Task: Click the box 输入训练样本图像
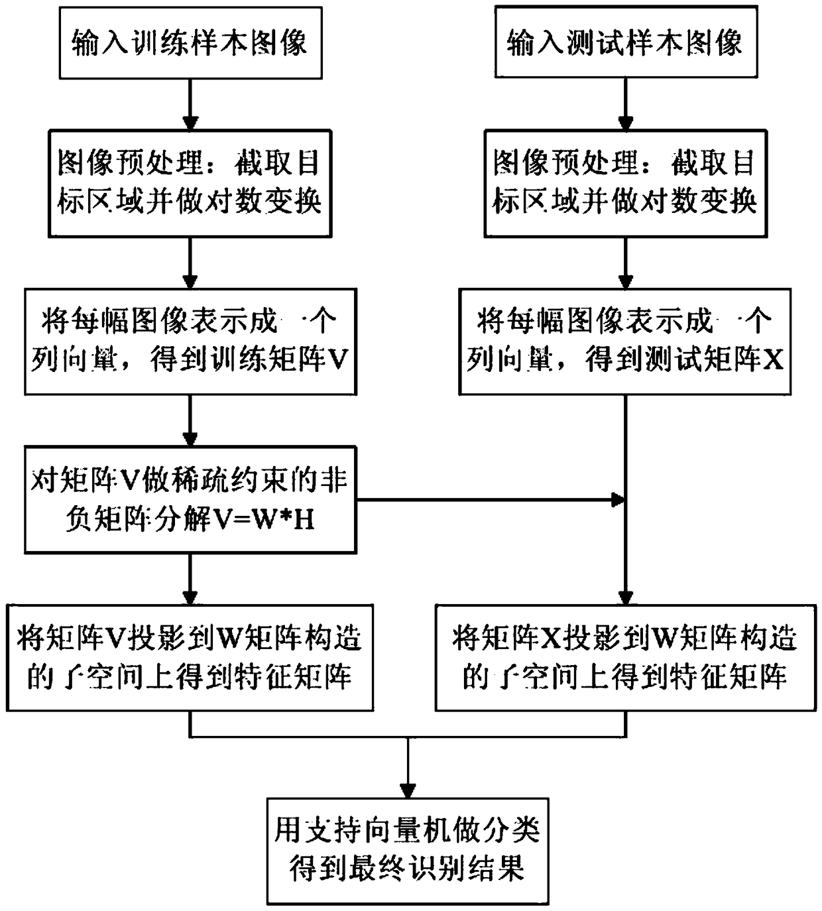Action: pyautogui.click(x=190, y=43)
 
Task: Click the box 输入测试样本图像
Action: pyautogui.click(x=626, y=43)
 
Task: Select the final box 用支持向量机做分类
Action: pyautogui.click(x=407, y=851)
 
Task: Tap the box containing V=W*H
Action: pyautogui.click(x=190, y=500)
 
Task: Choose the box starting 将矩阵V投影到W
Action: pyautogui.click(x=190, y=658)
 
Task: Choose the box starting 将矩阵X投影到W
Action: pyautogui.click(x=625, y=658)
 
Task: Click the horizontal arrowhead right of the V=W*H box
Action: pyautogui.click(x=618, y=500)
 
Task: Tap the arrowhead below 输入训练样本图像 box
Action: pyautogui.click(x=190, y=123)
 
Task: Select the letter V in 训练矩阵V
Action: pyautogui.click(x=338, y=361)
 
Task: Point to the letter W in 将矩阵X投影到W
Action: pyautogui.click(x=666, y=638)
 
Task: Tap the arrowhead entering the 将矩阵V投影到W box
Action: pyautogui.click(x=190, y=596)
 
